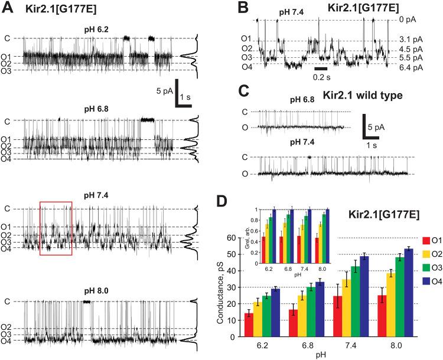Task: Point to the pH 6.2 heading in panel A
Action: click(96, 28)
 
